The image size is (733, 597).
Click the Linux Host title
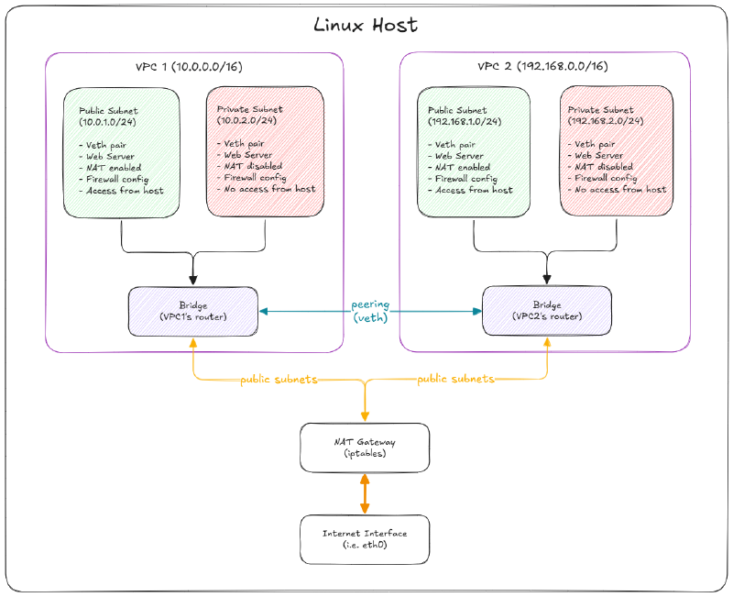pos(366,25)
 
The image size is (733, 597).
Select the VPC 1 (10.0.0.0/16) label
pos(190,67)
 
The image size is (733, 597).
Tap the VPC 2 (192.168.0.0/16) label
pos(542,67)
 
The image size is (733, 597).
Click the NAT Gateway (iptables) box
pos(365,448)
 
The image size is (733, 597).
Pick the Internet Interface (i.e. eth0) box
pos(365,538)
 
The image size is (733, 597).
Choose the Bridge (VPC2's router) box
pos(547,310)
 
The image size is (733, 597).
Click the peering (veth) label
pos(370,311)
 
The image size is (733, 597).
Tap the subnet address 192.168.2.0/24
pos(606,121)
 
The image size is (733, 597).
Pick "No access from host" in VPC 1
pos(266,189)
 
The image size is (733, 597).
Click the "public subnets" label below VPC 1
pos(279,379)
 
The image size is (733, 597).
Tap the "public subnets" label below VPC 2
pos(455,379)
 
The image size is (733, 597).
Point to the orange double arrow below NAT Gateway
pos(365,493)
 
